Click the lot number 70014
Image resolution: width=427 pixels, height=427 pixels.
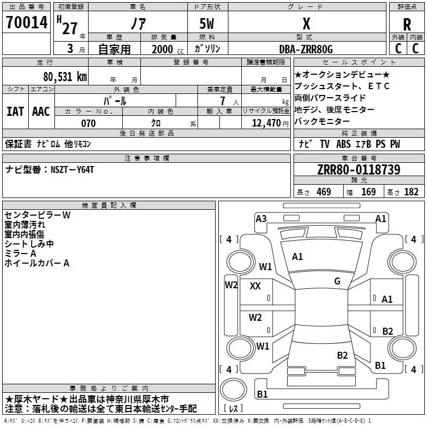[x=27, y=22]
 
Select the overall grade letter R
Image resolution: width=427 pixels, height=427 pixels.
[x=407, y=25]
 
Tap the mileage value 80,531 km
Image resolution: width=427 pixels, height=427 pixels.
[x=65, y=77]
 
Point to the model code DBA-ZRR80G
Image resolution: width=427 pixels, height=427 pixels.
[x=306, y=49]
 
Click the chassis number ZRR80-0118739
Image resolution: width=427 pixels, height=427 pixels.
[x=359, y=170]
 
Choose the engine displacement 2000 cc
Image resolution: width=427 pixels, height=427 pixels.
[x=168, y=49]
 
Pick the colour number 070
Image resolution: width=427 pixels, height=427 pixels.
[x=89, y=123]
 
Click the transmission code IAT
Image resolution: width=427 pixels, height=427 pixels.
[x=15, y=112]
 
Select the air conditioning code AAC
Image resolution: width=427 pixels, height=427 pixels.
[x=41, y=112]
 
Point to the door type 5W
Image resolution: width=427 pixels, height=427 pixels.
[x=207, y=23]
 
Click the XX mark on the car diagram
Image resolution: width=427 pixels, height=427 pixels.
[x=255, y=286]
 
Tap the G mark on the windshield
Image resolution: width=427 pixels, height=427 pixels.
[x=337, y=281]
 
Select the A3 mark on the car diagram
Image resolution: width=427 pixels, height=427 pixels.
[x=261, y=219]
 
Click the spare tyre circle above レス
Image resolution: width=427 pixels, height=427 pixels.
[x=233, y=389]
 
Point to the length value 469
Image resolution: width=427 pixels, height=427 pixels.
[x=324, y=192]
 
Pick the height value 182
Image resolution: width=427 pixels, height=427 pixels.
[x=411, y=192]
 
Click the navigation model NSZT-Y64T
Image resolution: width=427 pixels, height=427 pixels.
[x=73, y=170]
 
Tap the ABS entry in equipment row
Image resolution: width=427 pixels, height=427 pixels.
[x=343, y=144]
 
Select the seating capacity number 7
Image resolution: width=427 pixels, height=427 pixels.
[x=223, y=101]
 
